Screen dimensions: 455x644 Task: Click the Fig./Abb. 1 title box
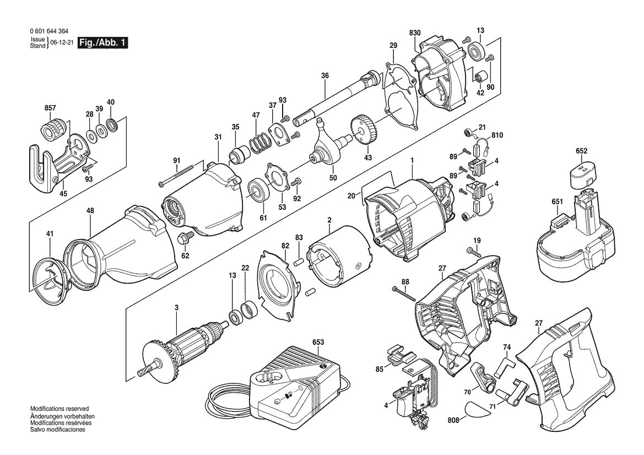(103, 42)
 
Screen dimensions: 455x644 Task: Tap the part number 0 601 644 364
(50, 32)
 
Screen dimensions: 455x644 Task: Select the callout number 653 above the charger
(318, 342)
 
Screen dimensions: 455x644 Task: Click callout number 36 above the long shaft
(324, 75)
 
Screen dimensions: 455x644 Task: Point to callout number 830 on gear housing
(415, 33)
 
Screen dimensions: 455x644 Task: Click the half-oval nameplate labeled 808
(477, 409)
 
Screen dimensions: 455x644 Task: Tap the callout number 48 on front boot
(90, 210)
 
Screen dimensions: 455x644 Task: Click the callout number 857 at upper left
(50, 108)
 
